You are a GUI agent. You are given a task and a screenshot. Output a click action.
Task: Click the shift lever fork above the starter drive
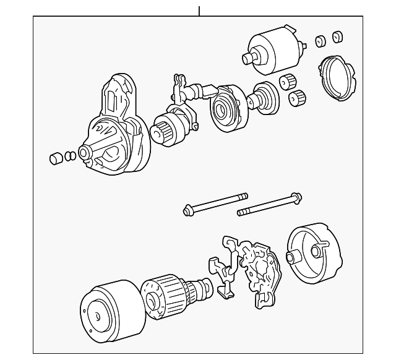[180, 87]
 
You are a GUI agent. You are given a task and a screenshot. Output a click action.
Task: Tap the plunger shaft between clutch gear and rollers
[263, 96]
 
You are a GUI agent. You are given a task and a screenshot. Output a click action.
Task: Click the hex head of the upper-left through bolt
[186, 210]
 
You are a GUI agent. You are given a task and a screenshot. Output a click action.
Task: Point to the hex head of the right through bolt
[296, 198]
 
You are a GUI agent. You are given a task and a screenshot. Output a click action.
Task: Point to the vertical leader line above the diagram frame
[199, 11]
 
